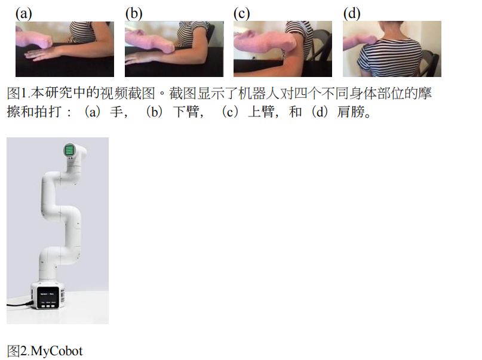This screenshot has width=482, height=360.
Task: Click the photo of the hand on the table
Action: (65, 49)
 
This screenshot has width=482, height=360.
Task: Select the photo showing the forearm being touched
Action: (174, 49)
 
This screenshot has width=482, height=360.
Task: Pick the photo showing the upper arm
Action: (283, 49)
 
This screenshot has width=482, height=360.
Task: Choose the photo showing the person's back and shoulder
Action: (392, 49)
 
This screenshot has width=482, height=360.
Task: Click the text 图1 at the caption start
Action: (16, 94)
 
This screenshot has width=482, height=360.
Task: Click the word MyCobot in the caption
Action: (57, 350)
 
